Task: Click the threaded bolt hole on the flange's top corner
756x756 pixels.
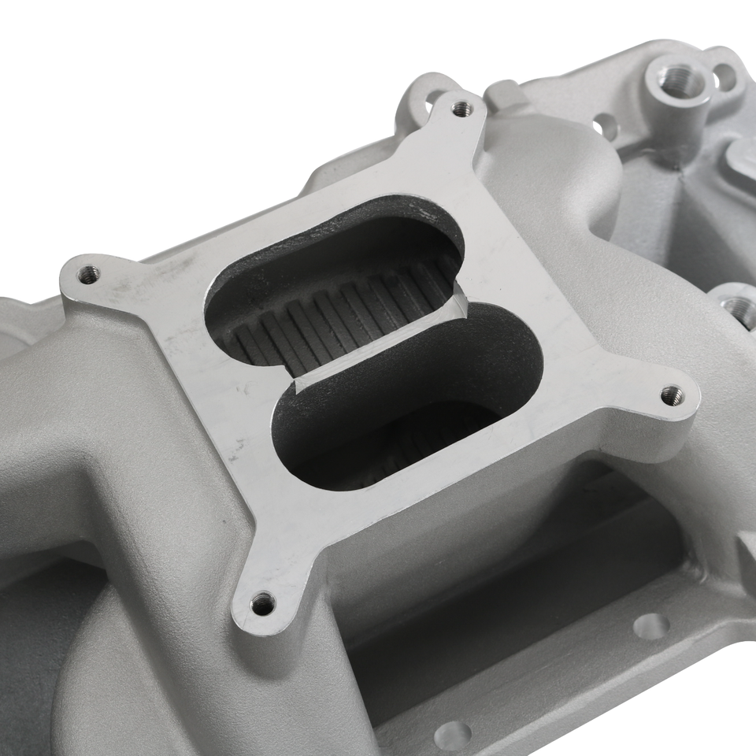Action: tap(462, 110)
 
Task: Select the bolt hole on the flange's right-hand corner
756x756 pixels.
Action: tap(670, 395)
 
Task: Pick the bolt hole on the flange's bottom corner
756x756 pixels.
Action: tap(262, 605)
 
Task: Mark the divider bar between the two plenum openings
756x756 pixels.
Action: tap(378, 346)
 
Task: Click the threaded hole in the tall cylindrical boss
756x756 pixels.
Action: tap(676, 81)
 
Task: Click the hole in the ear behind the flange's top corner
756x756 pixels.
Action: tap(431, 98)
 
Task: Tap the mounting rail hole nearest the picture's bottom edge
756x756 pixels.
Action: tap(453, 736)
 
